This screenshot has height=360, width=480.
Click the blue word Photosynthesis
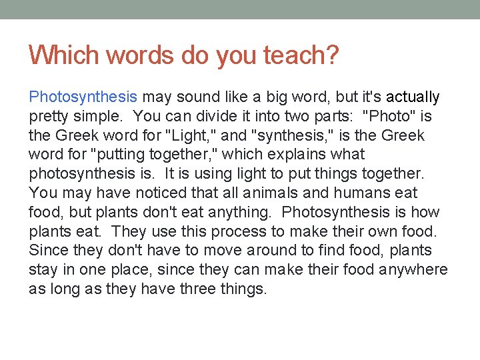(83, 97)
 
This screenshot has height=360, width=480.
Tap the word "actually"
(413, 97)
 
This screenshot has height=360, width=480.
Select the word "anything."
(243, 213)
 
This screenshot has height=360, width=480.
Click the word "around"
(274, 251)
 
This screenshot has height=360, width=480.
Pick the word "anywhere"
(416, 270)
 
